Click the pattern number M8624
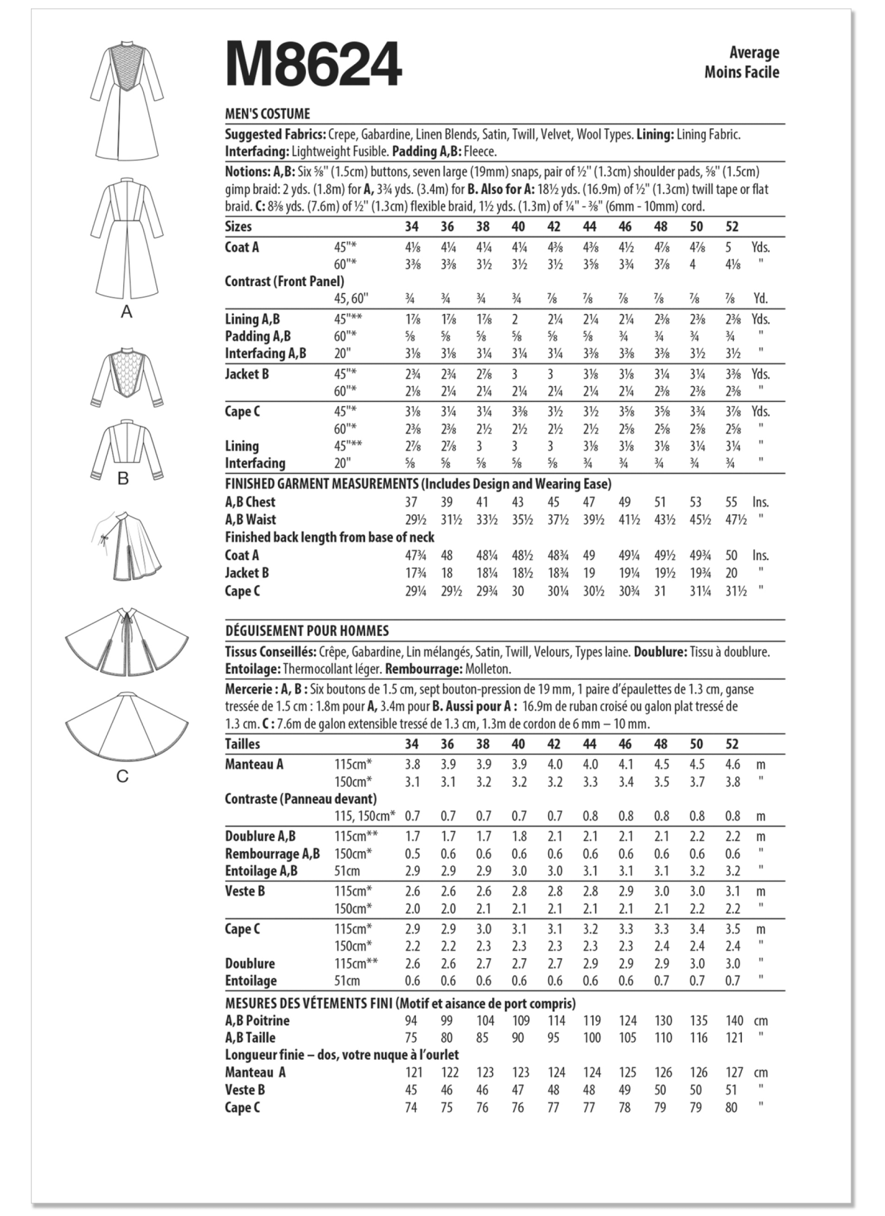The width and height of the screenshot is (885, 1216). pos(313,64)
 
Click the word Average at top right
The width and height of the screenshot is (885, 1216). pos(754,52)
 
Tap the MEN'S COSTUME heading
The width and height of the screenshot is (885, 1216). pos(267,113)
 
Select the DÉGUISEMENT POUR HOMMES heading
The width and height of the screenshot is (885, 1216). pos(306,631)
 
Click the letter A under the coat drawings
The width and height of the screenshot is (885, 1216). pos(126,312)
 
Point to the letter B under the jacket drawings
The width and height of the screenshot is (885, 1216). pos(123,478)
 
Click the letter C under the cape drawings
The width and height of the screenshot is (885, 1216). pos(122,776)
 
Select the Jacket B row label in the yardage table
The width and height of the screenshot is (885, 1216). pos(247,374)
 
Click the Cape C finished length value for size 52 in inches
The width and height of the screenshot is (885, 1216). pos(732,591)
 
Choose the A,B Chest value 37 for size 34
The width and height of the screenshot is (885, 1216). pos(412,502)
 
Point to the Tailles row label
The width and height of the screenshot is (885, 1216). pos(243,744)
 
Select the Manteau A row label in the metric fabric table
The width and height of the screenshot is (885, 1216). pos(254,764)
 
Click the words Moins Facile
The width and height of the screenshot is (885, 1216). pos(741,71)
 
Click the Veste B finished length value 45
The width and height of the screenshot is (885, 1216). pos(411,1090)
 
